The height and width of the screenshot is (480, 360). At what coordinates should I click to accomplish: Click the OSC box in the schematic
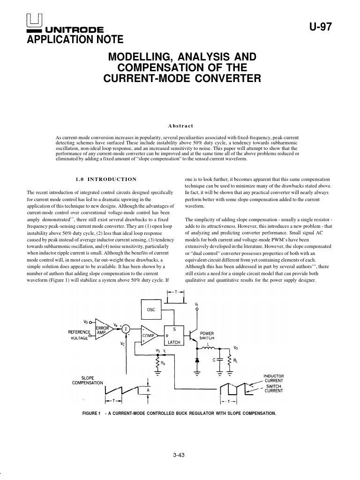click(x=151, y=310)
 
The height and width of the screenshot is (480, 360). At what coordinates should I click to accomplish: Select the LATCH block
click(x=174, y=336)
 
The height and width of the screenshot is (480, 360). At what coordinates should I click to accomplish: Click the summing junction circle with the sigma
click(x=125, y=330)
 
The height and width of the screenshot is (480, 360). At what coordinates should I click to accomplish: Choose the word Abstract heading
click(x=180, y=125)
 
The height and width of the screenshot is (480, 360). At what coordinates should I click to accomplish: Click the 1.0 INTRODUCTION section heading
click(x=106, y=179)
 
